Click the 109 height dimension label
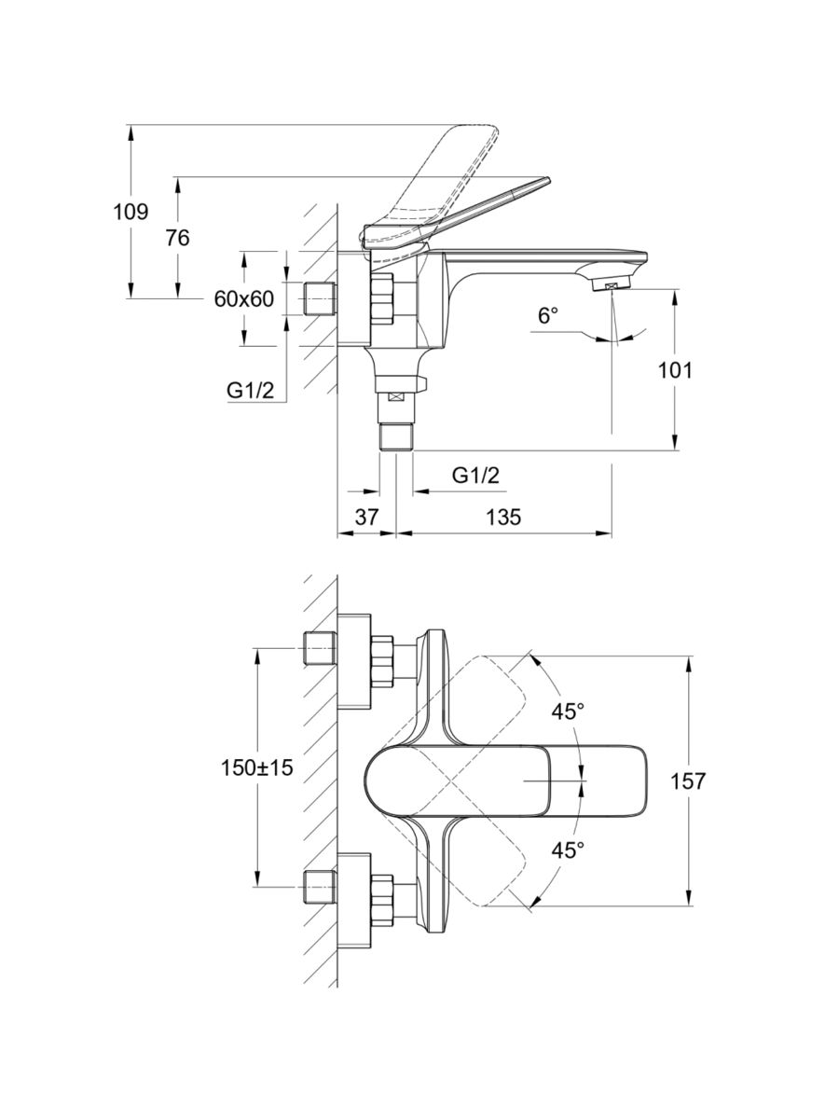(131, 212)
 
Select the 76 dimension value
(177, 239)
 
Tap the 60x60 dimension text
(243, 298)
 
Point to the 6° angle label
(548, 316)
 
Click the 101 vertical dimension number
(675, 370)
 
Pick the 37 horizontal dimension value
(367, 517)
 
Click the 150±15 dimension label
(257, 768)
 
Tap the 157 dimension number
(688, 781)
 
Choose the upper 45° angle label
(568, 711)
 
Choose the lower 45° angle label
(568, 850)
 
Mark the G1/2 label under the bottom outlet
(476, 476)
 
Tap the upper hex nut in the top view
(383, 660)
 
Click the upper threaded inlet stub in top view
(320, 647)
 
